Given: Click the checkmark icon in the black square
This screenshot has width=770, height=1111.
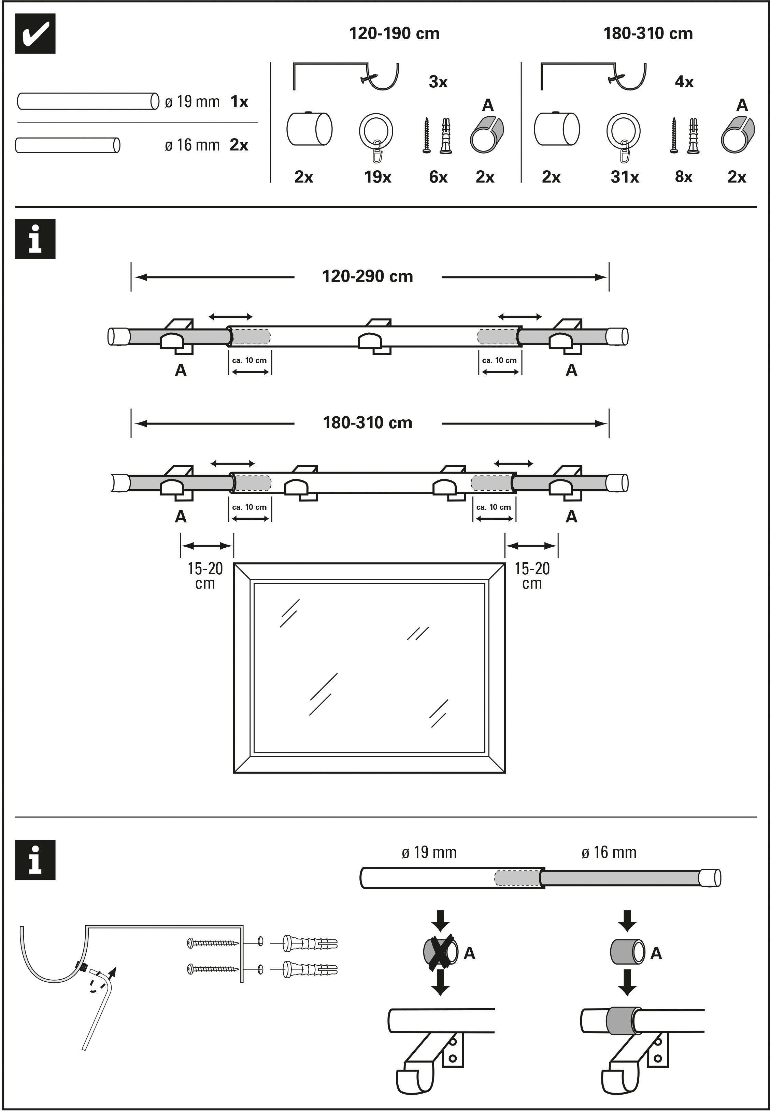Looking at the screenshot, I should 35,33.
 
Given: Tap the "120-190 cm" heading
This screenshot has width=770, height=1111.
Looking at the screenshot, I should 394,33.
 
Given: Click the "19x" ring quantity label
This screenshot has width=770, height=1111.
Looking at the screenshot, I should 377,177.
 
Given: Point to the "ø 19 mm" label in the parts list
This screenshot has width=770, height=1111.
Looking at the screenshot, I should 192,102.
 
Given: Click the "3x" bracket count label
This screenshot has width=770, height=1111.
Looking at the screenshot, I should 438,82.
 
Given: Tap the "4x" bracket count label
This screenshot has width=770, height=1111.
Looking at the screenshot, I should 684,82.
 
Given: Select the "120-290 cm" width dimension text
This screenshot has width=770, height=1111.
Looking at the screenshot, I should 368,276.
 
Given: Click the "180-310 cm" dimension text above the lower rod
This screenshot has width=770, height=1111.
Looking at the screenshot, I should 368,423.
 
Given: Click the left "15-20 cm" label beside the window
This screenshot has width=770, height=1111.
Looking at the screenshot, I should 205,576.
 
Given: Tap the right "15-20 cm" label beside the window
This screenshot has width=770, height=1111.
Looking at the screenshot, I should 532,576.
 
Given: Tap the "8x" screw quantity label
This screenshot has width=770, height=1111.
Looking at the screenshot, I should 683,177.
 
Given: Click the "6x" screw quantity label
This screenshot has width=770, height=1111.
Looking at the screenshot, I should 438,177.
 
